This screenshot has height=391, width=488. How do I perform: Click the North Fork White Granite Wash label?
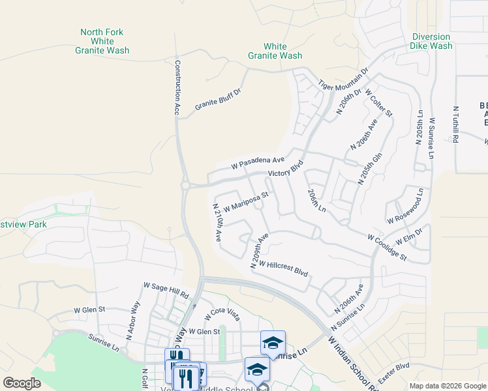pyautogui.click(x=101, y=41)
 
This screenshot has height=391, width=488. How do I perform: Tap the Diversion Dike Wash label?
pyautogui.click(x=431, y=42)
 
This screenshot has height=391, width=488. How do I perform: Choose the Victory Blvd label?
pyautogui.click(x=286, y=170)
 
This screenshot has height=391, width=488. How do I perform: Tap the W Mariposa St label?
pyautogui.click(x=245, y=201)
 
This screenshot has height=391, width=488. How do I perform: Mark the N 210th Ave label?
pyautogui.click(x=219, y=222)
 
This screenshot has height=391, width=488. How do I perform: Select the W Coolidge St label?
pyautogui.click(x=387, y=248)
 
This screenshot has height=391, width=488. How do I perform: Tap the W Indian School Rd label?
pyautogui.click(x=353, y=361)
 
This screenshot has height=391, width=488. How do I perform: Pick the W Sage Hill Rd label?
pyautogui.click(x=166, y=291)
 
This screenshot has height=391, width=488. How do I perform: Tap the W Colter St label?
pyautogui.click(x=379, y=103)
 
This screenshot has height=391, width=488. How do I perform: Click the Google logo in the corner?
pyautogui.click(x=22, y=383)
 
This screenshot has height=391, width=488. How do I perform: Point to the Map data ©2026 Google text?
pyautogui.click(x=448, y=386)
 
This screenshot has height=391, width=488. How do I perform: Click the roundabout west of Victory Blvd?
pyautogui.click(x=185, y=186)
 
